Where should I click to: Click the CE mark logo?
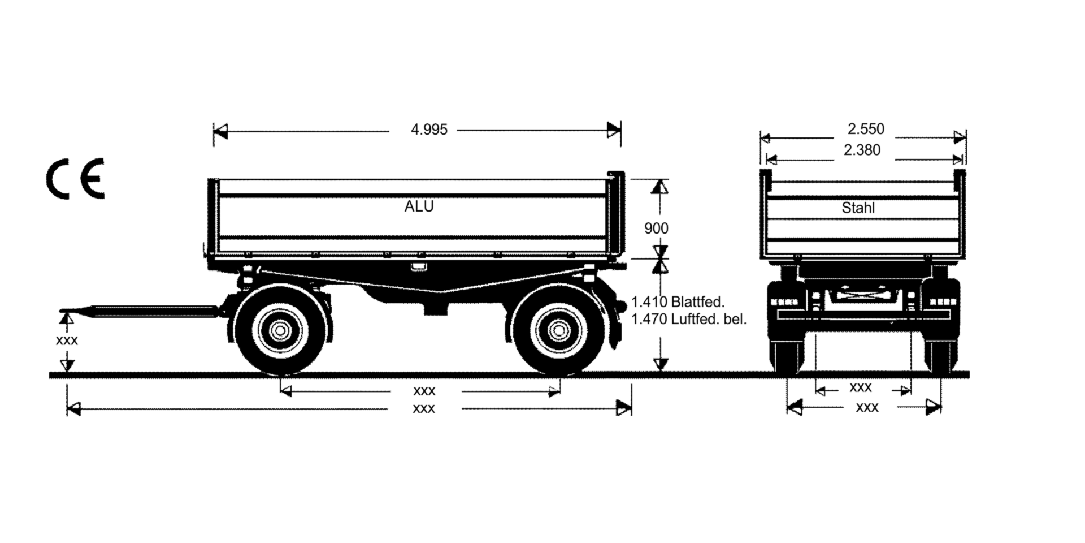[x=75, y=178]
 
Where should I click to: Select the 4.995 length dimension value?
[x=429, y=130]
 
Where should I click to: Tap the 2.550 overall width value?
[x=866, y=129]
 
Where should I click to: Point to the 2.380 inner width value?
[x=862, y=150]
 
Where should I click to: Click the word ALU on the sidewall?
[x=419, y=206]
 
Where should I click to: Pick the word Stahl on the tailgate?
[x=858, y=208]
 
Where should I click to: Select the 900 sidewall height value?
[x=656, y=229]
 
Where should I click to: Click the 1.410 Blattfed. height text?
[x=678, y=301]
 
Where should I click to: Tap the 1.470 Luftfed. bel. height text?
[x=689, y=319]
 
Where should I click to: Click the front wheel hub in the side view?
[x=280, y=330]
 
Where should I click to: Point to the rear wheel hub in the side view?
[x=559, y=330]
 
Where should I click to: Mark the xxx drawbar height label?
[x=67, y=341]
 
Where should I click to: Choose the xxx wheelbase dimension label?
[x=424, y=391]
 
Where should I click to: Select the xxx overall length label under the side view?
[x=424, y=408]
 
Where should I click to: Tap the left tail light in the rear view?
[x=784, y=302]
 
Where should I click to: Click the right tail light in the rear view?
[x=940, y=302]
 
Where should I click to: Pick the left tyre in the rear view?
[x=788, y=356]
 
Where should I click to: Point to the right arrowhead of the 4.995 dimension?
[x=614, y=131]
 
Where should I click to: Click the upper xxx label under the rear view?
[x=861, y=387]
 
